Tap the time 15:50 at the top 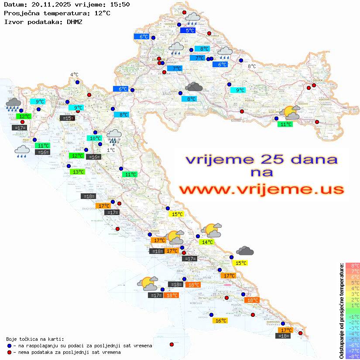119,4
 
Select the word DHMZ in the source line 74,21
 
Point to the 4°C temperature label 74,75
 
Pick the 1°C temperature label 111,150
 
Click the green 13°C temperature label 77,172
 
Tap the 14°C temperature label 206,242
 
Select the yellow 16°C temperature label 221,321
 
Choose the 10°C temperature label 94,139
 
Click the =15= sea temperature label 67,118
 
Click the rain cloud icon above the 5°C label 192,18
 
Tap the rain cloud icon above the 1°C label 114,136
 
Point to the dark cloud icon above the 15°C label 245,251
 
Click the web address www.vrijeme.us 261,189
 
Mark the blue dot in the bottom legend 9,346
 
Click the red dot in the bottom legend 9,352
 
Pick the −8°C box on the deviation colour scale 352,356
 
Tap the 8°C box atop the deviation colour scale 352,266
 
